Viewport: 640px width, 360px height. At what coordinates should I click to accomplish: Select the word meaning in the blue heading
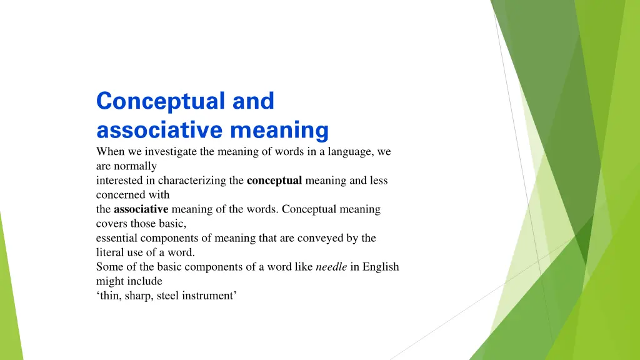pos(279,131)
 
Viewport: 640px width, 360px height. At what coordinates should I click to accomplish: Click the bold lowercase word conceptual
pos(274,181)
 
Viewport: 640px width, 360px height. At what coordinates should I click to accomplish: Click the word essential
pos(116,238)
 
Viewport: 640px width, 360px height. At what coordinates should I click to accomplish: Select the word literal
pos(110,252)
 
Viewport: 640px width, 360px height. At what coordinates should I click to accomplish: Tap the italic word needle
pos(331,267)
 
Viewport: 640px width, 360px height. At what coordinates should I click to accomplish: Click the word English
pos(381,267)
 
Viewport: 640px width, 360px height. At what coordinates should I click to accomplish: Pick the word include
pos(146,281)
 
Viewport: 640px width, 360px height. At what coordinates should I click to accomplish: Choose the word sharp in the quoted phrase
pos(137,296)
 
